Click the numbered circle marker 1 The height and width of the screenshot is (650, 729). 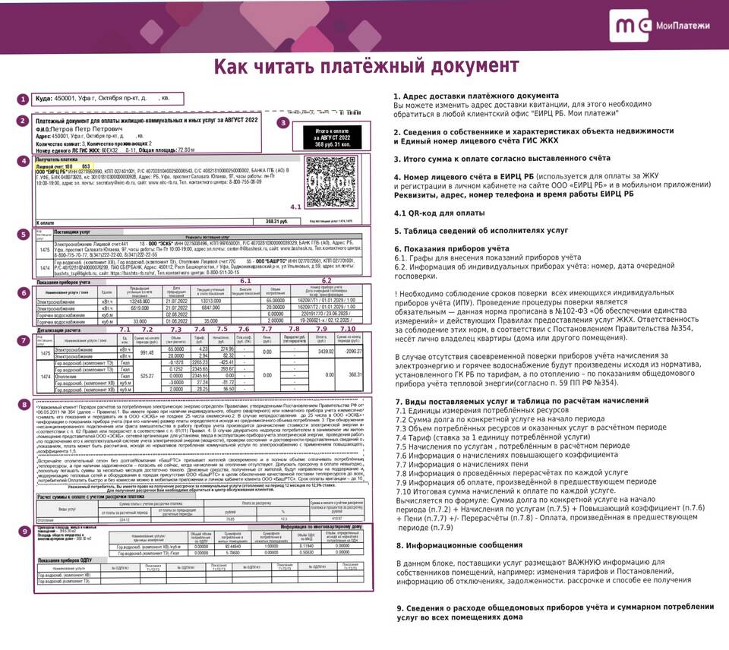coord(23,99)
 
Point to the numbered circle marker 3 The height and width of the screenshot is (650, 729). coord(282,121)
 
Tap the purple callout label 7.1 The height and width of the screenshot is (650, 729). coord(125,329)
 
